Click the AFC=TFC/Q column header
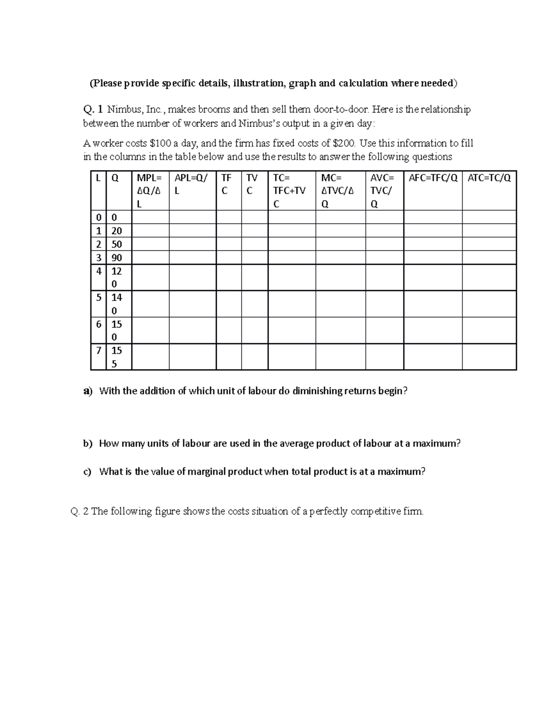pos(433,178)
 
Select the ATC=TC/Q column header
pos(489,178)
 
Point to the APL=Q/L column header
pos(193,184)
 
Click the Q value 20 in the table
pos(117,231)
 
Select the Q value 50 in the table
pos(117,244)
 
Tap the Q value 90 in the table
pos(117,258)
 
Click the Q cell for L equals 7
pos(117,357)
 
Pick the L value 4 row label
pos(98,271)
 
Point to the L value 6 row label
pos(98,324)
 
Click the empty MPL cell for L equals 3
pos(150,258)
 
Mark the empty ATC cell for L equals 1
pos(489,231)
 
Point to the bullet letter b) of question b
pos(87,444)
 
